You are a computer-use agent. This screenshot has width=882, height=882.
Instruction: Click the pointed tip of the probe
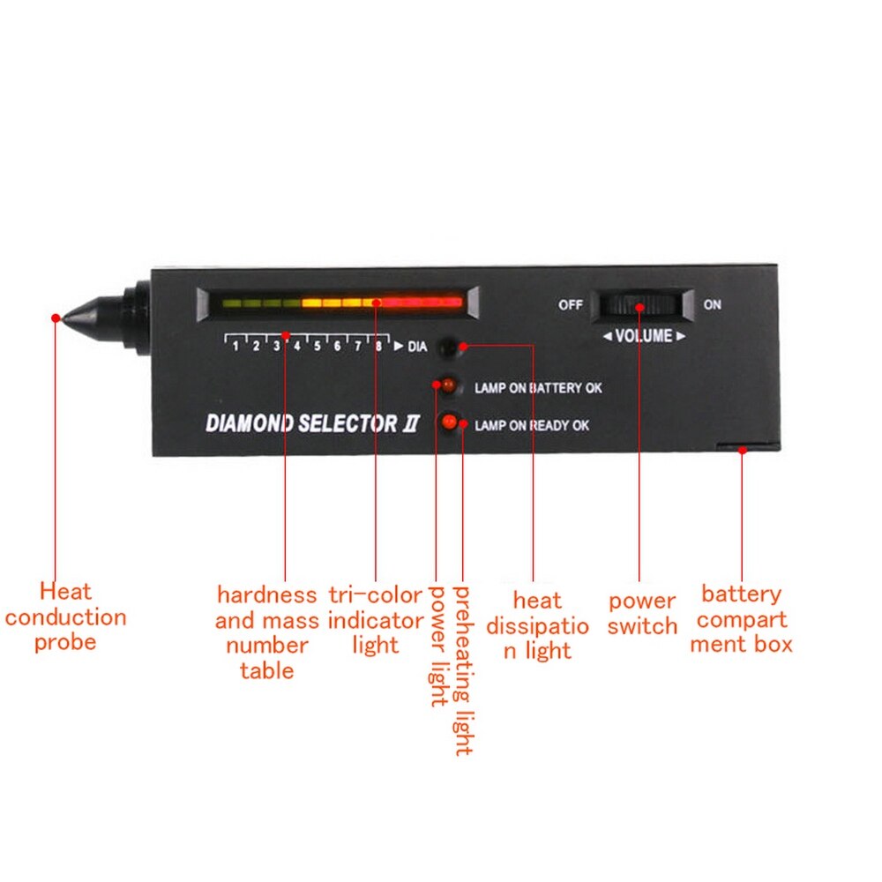[63, 319]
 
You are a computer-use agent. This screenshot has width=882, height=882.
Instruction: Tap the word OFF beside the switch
[570, 305]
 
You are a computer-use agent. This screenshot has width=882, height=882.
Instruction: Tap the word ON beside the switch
[712, 305]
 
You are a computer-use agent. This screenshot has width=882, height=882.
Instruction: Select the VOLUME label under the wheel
[644, 336]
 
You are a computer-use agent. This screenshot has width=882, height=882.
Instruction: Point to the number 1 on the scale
[235, 346]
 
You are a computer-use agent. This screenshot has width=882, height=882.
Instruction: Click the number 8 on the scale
[378, 346]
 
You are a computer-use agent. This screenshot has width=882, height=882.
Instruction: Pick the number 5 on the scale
[318, 346]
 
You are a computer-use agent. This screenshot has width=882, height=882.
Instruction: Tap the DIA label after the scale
[417, 347]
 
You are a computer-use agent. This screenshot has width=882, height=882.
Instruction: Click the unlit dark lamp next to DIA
[448, 348]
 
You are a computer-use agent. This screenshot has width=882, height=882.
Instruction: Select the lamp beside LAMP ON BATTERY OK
[448, 385]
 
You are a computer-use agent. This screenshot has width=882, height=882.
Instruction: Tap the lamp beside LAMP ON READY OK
[450, 422]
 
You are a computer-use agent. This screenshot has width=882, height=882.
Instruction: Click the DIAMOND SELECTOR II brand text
[312, 423]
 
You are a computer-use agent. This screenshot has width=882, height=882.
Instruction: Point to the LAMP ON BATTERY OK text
[538, 388]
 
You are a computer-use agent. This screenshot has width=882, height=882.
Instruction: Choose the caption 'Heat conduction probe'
[65, 617]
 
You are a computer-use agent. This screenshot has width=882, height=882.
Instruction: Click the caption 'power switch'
[642, 613]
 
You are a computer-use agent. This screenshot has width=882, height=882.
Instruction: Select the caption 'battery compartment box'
[742, 619]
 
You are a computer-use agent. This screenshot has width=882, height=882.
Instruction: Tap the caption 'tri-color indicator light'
[375, 620]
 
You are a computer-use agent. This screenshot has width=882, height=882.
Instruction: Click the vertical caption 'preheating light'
[463, 670]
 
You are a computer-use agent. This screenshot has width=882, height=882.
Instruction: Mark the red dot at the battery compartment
[743, 451]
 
